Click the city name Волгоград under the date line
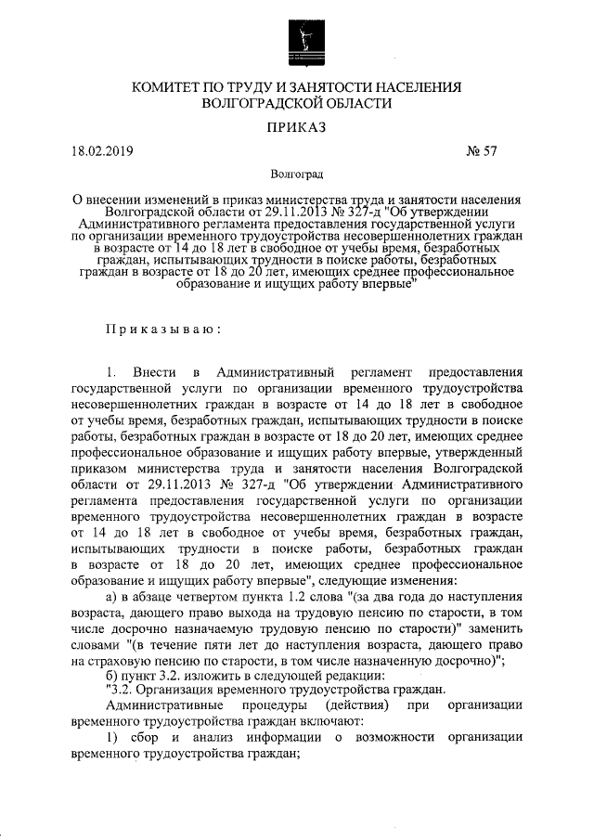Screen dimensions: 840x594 pyautogui.click(x=297, y=174)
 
